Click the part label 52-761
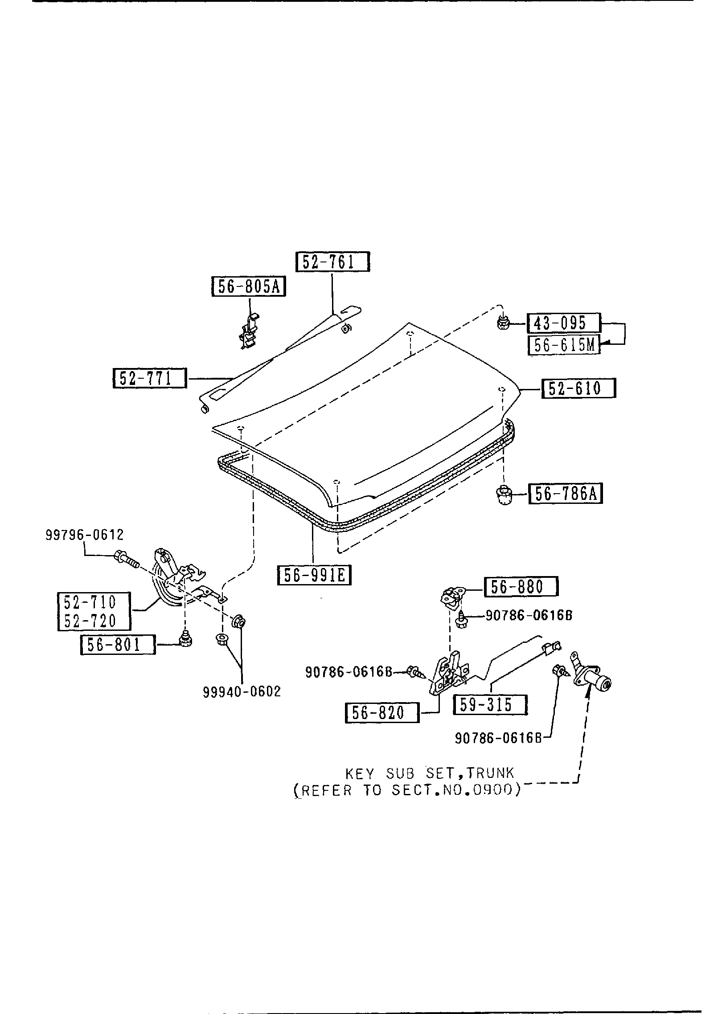[332, 262]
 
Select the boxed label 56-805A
[248, 286]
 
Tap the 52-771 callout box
[149, 379]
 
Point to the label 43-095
[564, 323]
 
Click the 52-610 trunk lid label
[578, 388]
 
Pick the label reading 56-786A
[565, 494]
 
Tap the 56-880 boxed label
[521, 587]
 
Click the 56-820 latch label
[382, 713]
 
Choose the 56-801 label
[118, 645]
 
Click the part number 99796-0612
[84, 535]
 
